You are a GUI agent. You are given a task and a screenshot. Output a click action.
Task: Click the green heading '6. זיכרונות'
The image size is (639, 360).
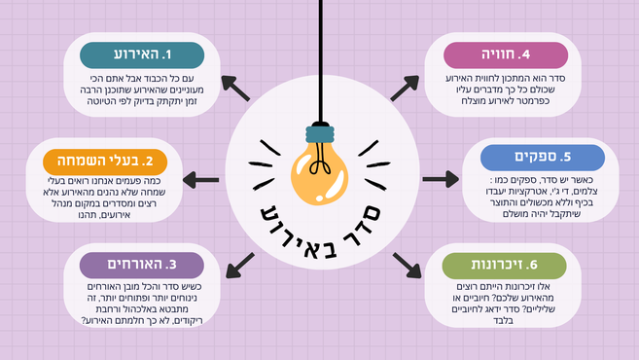coord(503,264)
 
